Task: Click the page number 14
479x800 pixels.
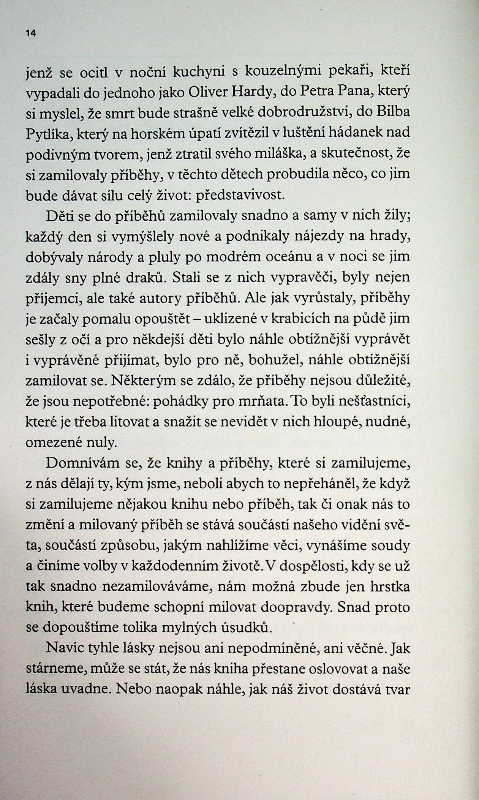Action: [31, 33]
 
